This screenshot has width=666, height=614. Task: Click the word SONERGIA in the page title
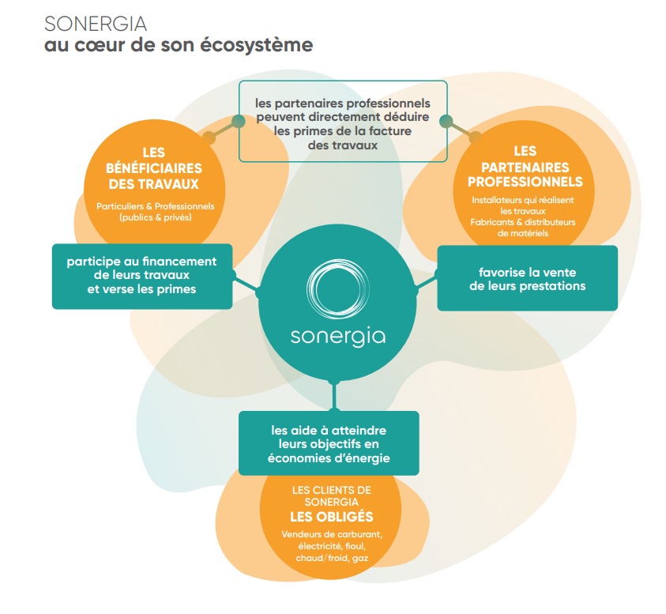pos(96,24)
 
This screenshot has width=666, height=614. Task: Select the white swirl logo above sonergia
pos(337,289)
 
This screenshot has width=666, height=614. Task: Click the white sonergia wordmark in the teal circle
pos(338,337)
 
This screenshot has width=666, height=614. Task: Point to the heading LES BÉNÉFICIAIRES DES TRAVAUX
pos(154,168)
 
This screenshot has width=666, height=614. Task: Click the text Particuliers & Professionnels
pos(156,206)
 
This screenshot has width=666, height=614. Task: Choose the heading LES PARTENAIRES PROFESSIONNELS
pos(525,167)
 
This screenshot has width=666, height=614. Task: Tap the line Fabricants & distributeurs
pos(523,222)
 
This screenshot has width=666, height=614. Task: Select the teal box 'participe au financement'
pos(142,277)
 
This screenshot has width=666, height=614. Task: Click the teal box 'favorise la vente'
pos(528,278)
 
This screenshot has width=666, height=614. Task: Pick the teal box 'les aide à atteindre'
pos(329,443)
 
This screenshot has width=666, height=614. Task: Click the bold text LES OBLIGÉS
pos(332,517)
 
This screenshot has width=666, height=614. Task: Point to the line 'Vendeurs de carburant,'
pos(332,534)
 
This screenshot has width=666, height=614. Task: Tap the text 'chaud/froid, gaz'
pos(332,559)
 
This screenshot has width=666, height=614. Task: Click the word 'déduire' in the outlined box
pos(407,117)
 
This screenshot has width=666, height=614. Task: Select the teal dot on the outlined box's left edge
pos(239,122)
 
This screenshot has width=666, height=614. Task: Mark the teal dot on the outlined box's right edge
pos(446,122)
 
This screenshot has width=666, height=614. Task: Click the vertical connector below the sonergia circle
pos(334,396)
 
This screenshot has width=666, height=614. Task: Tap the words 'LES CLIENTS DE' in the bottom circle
pos(332,491)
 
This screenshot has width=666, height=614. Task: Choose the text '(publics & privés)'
pos(156,217)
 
